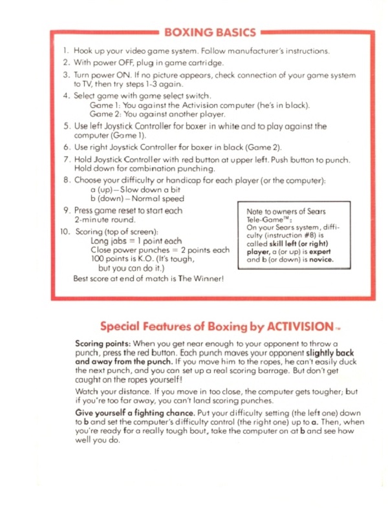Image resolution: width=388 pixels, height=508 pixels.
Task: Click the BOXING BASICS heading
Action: pyautogui.click(x=210, y=32)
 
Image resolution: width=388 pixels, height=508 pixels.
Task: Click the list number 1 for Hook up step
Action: pyautogui.click(x=65, y=50)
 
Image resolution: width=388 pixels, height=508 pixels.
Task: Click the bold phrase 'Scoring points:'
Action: pyautogui.click(x=103, y=344)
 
